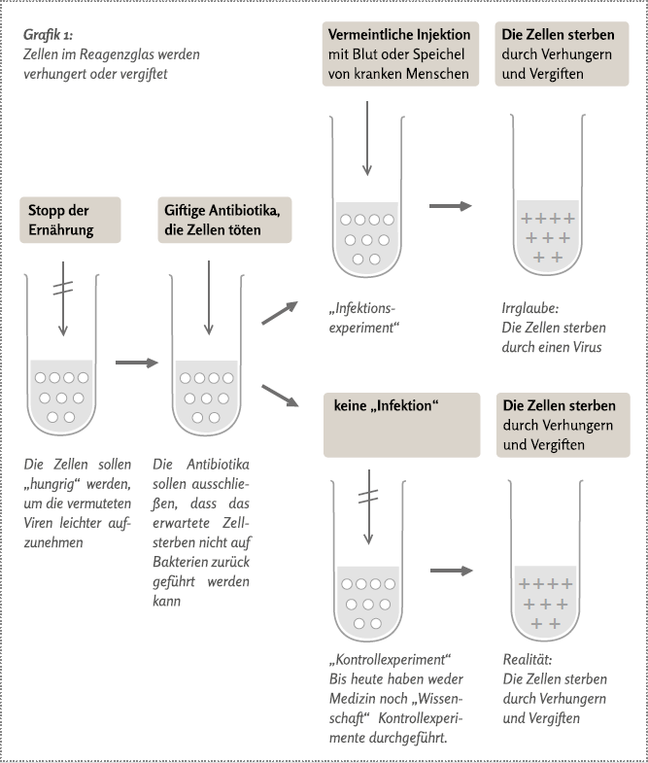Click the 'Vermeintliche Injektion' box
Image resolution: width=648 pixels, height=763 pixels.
pos(400,55)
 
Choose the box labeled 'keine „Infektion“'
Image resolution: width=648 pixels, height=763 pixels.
pos(400,425)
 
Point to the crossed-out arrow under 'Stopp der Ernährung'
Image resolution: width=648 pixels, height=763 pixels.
pos(63,296)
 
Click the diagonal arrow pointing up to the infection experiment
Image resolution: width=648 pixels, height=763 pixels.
pos(280,311)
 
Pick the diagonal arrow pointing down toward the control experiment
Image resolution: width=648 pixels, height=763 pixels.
pos(280,396)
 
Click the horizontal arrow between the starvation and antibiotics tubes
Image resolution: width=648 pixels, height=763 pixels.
pos(135,363)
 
